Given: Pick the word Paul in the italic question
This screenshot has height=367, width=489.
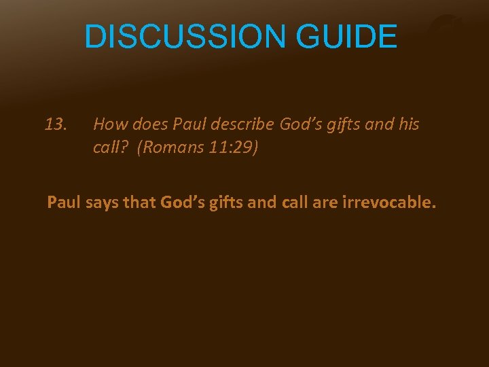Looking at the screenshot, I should tap(188, 124).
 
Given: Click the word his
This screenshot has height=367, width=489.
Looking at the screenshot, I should tap(407, 124).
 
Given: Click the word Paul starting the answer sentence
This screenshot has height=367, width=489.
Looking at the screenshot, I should tap(62, 203).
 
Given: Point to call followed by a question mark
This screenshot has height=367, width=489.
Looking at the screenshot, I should tap(109, 147).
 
